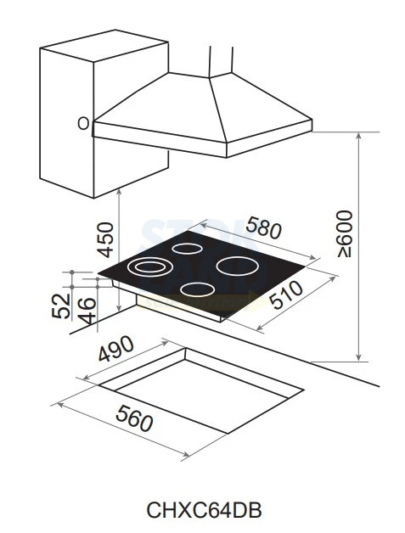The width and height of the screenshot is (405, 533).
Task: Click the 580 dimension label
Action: [x=263, y=227]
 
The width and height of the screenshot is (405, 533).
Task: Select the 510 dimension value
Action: [x=285, y=295]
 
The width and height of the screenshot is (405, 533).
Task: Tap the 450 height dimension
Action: [x=105, y=239]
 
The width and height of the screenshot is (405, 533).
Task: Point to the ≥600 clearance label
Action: [x=345, y=233]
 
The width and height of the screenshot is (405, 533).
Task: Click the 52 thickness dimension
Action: [x=61, y=306]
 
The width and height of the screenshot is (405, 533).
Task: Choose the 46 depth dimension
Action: [x=87, y=311]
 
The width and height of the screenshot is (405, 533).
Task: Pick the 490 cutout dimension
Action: [x=116, y=348]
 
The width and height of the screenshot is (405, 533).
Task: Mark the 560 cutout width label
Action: [x=134, y=418]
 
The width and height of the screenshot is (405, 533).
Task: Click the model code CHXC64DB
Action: [x=204, y=510]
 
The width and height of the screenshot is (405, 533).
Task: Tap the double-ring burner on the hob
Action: [x=148, y=266]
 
